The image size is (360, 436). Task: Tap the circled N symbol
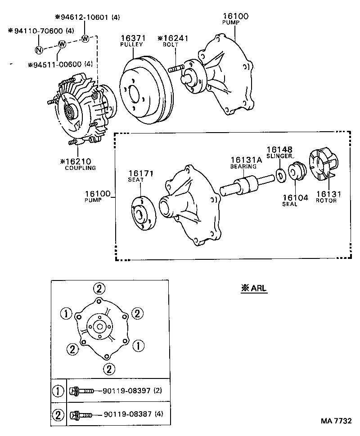[x=39, y=50]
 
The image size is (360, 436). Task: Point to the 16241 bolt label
[x=172, y=39]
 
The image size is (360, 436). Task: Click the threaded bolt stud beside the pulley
[x=176, y=70]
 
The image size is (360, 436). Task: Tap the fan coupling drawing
[x=81, y=110]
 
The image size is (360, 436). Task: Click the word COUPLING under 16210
[x=81, y=168]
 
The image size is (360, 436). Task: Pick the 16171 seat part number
[x=136, y=173]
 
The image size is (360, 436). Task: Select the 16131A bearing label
[x=244, y=160]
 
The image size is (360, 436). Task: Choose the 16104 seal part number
[x=296, y=197]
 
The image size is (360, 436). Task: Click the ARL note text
[x=254, y=289]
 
